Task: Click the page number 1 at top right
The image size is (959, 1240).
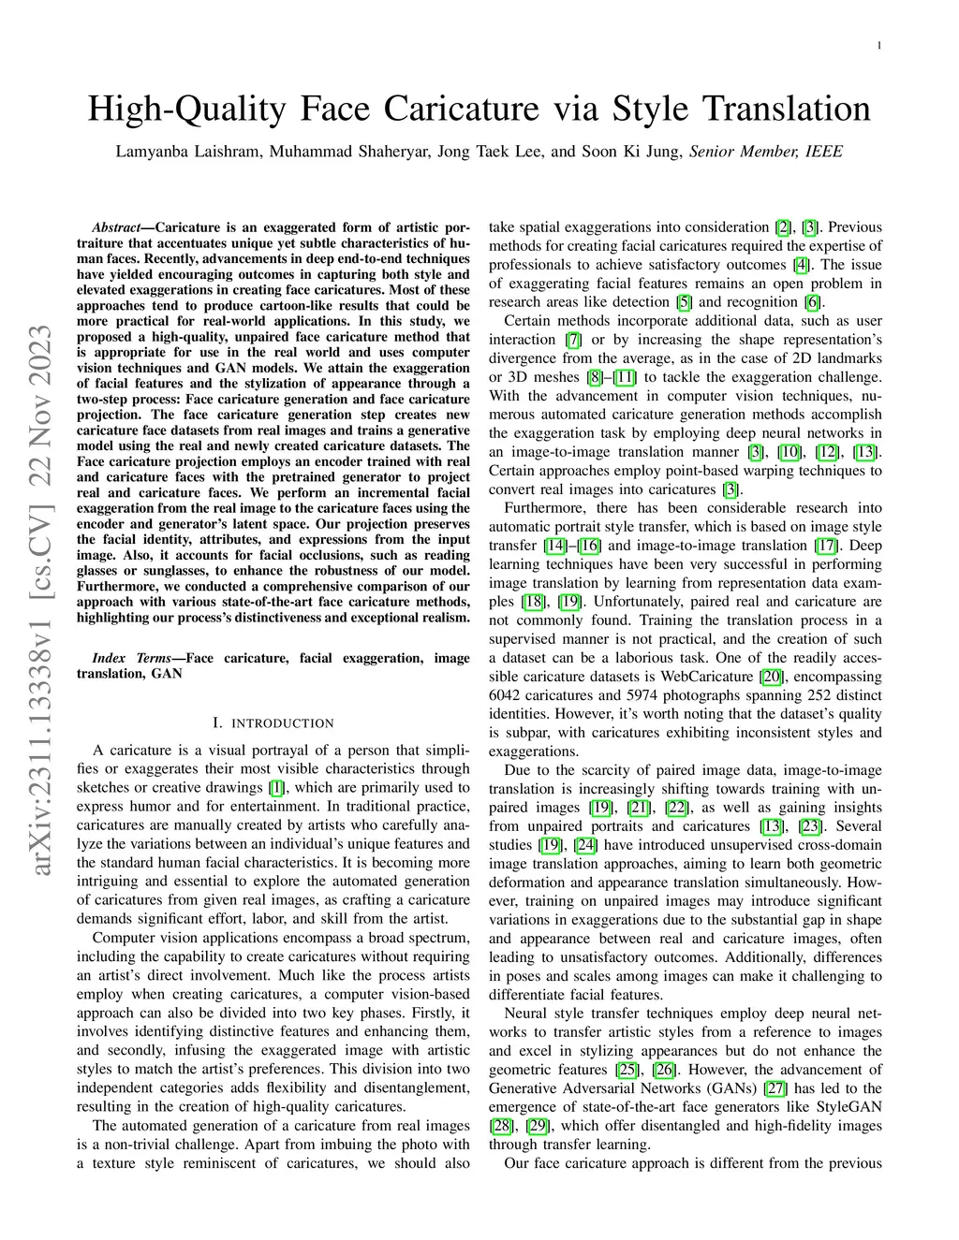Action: tap(880, 45)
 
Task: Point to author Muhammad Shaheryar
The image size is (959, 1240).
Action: tap(349, 151)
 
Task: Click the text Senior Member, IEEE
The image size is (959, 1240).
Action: tap(765, 151)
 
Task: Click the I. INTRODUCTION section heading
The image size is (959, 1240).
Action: tap(273, 723)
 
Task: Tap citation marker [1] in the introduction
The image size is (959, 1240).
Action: tap(276, 788)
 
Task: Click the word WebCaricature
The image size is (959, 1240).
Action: tap(709, 677)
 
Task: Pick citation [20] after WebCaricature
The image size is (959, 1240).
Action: tap(772, 677)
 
